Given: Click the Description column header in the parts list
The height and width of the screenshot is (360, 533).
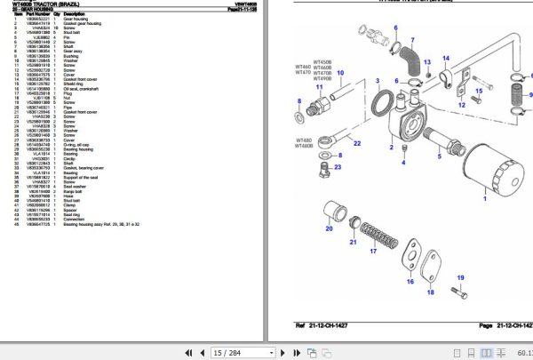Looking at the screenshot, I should [76, 15].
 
